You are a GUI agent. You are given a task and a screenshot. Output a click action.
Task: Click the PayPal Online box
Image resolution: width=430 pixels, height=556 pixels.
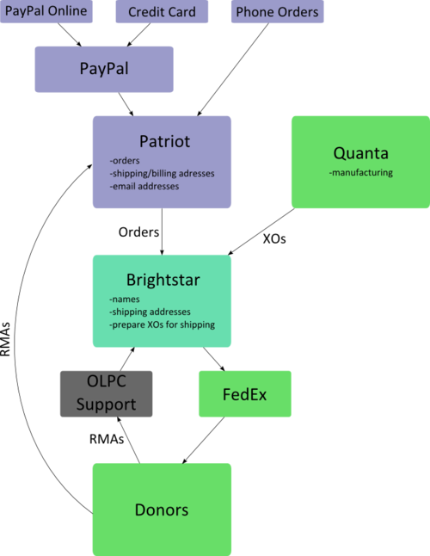46,11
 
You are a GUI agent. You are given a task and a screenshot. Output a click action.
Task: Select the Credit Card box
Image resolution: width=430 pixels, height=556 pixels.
162,11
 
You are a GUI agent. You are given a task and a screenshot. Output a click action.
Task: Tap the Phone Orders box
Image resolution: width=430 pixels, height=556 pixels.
277,11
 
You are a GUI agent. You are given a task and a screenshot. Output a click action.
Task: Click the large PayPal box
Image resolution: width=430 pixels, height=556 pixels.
104,69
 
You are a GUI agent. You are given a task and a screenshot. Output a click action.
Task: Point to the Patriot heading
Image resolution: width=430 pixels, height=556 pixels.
165,141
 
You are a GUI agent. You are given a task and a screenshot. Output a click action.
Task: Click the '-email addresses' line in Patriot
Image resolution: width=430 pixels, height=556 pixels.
144,186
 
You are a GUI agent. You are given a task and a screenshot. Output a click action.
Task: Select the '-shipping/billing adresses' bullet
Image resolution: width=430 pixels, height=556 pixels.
162,173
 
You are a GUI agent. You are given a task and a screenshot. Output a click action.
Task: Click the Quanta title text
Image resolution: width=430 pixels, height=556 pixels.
361,153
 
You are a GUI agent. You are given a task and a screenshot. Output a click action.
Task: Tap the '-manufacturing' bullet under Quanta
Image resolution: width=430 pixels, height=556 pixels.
360,173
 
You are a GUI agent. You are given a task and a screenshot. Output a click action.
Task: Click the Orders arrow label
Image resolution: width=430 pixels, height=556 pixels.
138,232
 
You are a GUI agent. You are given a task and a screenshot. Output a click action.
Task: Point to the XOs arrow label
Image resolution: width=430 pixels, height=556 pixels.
274,239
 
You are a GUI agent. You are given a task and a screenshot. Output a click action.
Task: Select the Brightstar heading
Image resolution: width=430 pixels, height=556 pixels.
163,280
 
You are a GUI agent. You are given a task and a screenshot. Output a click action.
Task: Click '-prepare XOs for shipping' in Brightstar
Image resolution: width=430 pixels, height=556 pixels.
162,324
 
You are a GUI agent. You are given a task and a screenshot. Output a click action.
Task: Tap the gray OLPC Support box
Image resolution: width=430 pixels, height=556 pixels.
107,394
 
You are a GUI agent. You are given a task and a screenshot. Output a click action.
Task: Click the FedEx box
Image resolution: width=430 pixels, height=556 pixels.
245,394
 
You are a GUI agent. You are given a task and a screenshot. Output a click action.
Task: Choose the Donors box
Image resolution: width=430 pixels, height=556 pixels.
162,510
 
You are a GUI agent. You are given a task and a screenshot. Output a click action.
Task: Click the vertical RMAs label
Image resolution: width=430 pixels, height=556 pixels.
5,339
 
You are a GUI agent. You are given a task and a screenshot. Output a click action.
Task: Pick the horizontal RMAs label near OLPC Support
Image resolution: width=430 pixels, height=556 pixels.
107,439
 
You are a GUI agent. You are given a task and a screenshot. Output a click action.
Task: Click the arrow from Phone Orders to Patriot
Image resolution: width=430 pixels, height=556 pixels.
233,70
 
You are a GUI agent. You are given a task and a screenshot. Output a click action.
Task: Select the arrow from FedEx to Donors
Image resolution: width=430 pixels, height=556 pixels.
203,440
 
